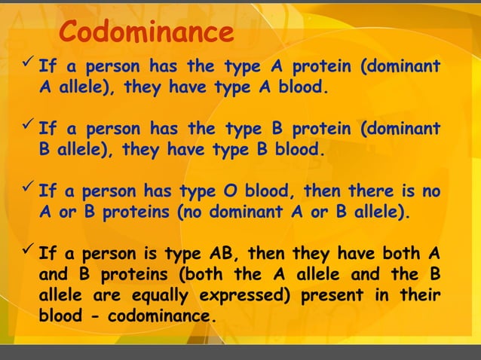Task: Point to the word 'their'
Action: [x=421, y=294]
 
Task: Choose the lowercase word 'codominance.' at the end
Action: [x=163, y=315]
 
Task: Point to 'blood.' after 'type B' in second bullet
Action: [x=300, y=149]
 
